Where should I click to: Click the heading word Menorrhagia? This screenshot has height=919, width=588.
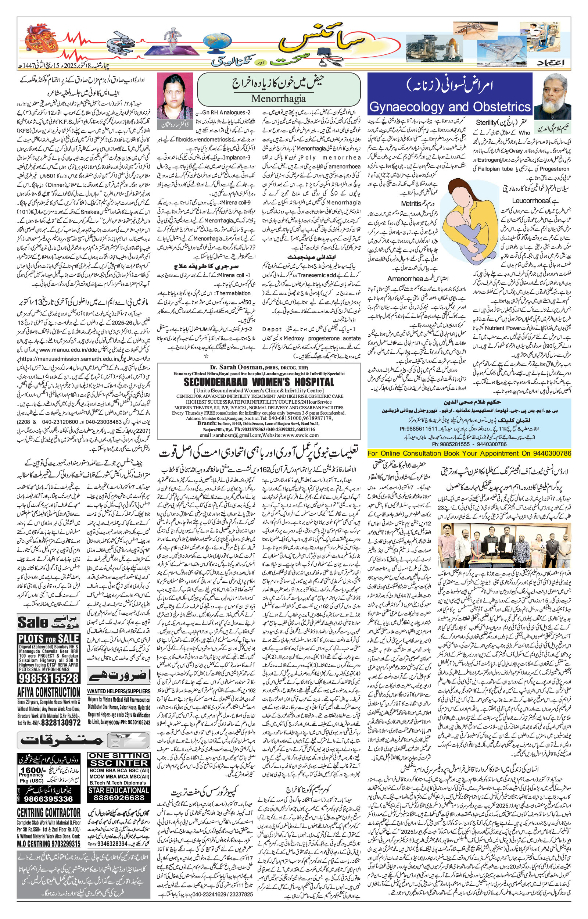click(278, 99)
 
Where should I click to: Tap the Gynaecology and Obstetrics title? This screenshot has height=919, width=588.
click(450, 107)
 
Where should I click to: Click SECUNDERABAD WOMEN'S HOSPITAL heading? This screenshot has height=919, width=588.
click(259, 382)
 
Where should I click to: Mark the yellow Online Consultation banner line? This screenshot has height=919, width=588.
click(469, 453)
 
